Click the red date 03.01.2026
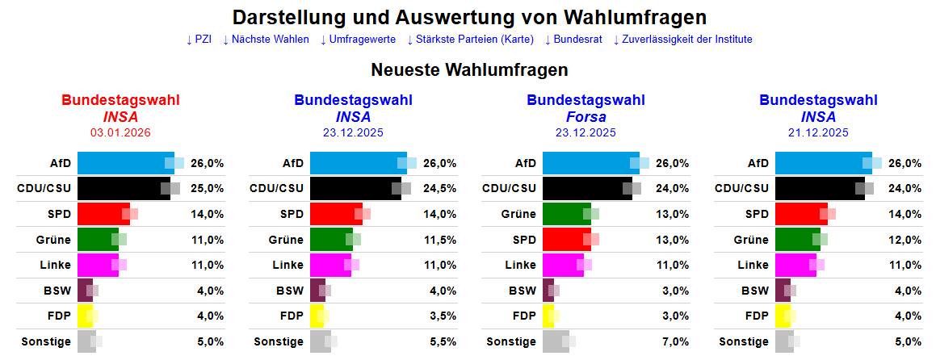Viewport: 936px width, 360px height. [120, 132]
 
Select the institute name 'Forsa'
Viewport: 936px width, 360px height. [586, 117]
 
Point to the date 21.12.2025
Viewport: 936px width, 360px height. [818, 132]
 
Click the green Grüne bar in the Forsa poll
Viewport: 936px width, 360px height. [566, 214]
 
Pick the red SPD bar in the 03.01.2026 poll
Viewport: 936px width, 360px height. [103, 214]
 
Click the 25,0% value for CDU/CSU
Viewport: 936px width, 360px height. [208, 188]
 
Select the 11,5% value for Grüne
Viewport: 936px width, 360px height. [440, 240]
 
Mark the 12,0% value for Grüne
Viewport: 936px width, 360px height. [905, 240]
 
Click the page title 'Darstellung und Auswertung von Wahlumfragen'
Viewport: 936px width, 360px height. [469, 17]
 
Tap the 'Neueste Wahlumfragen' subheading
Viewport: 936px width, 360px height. [469, 69]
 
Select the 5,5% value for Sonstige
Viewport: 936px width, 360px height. [440, 341]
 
